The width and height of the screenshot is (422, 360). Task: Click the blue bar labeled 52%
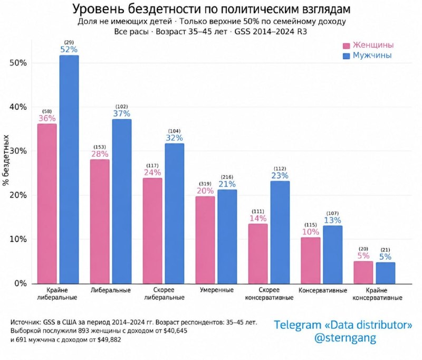pyautogui.click(x=69, y=169)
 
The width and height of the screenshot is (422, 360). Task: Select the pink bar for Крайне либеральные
pyautogui.click(x=47, y=204)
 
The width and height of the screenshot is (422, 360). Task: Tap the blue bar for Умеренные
pyautogui.click(x=227, y=236)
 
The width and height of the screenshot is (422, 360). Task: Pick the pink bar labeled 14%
pyautogui.click(x=258, y=254)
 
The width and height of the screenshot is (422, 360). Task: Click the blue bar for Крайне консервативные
pyautogui.click(x=386, y=273)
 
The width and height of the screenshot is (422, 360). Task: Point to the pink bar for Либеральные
pyautogui.click(x=100, y=222)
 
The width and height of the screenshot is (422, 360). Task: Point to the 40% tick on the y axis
pyautogui.click(x=18, y=107)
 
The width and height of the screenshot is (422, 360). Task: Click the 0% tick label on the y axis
pyautogui.click(x=21, y=283)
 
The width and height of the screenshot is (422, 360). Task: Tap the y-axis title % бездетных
pyautogui.click(x=6, y=160)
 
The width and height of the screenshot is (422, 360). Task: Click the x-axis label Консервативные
pyautogui.click(x=323, y=290)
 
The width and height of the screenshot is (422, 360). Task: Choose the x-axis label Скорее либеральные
pyautogui.click(x=164, y=294)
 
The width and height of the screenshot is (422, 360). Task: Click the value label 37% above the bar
pyautogui.click(x=122, y=113)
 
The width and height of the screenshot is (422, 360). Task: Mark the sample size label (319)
pyautogui.click(x=205, y=184)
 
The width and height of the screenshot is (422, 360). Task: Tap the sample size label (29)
pyautogui.click(x=69, y=42)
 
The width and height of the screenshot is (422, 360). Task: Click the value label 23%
pyautogui.click(x=280, y=176)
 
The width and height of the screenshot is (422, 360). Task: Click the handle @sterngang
pyautogui.click(x=346, y=337)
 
